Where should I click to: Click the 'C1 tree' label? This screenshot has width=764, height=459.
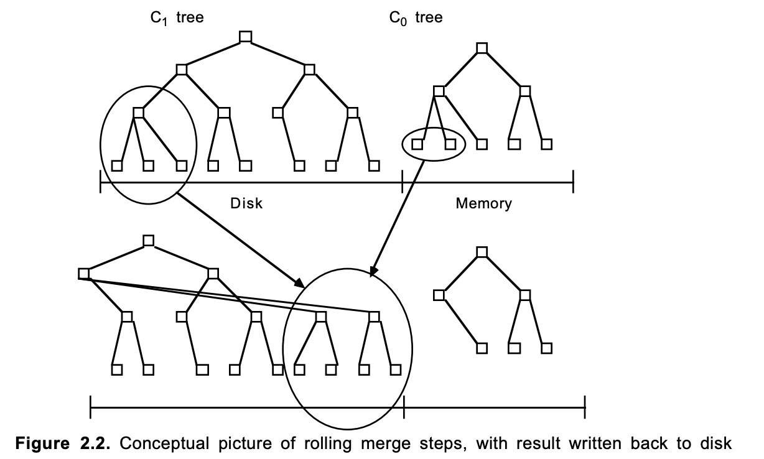[177, 18]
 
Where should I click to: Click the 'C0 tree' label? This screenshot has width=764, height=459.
[416, 18]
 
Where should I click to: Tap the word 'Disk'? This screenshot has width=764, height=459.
[246, 203]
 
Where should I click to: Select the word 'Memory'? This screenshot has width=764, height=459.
[483, 203]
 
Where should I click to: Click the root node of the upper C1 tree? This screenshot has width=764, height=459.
[246, 37]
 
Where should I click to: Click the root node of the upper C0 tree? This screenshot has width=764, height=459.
[482, 48]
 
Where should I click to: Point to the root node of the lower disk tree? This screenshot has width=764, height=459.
[148, 241]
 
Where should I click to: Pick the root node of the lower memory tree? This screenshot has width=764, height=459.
[482, 252]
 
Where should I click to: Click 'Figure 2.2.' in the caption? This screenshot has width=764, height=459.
[63, 443]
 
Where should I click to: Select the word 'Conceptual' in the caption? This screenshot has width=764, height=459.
[164, 443]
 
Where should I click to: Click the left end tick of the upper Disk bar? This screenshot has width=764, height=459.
[100, 182]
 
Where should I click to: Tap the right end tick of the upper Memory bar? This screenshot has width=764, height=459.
[574, 182]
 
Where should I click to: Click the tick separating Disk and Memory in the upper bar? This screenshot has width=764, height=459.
[403, 182]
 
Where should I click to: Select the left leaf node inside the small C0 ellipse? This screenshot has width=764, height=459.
[417, 144]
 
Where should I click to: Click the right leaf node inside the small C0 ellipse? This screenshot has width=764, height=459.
[450, 144]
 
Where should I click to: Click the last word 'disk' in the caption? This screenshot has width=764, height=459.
[716, 443]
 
